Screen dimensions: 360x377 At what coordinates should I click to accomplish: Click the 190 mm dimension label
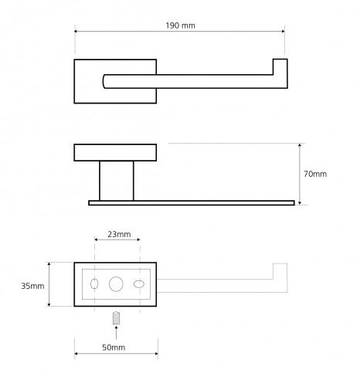tap(180, 25)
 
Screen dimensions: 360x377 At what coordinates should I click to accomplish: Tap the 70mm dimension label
tap(315, 174)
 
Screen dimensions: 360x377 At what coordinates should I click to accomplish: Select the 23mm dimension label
tap(119, 234)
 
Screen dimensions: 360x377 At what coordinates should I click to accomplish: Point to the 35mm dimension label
tap(32, 286)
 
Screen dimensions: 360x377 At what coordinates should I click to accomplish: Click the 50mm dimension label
tap(114, 348)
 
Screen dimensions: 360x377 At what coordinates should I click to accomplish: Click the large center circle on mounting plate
tap(116, 284)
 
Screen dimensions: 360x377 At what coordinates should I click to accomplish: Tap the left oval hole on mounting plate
tap(94, 284)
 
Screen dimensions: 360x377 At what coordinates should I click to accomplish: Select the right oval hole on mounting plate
tap(139, 284)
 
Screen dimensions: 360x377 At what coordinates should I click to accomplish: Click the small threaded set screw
tap(117, 318)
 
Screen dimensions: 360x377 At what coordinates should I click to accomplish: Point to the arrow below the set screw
tap(117, 332)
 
